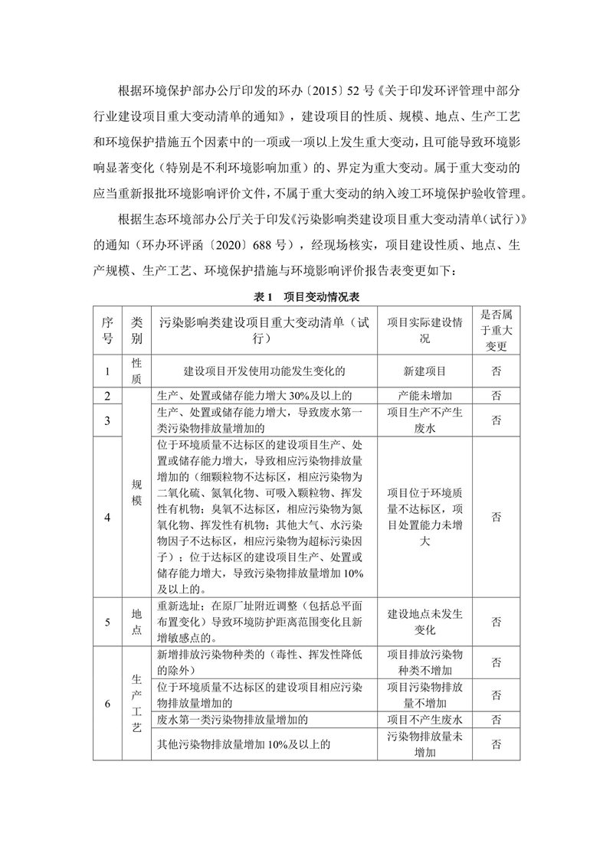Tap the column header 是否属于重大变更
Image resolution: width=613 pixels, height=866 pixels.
tap(497, 330)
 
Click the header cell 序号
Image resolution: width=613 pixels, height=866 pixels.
tap(108, 330)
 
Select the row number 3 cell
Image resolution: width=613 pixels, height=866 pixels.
tap(108, 420)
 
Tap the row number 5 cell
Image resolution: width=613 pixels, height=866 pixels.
tap(108, 621)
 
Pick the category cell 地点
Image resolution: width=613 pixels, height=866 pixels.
tap(136, 621)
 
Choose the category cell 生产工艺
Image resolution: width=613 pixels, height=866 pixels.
tap(136, 703)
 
